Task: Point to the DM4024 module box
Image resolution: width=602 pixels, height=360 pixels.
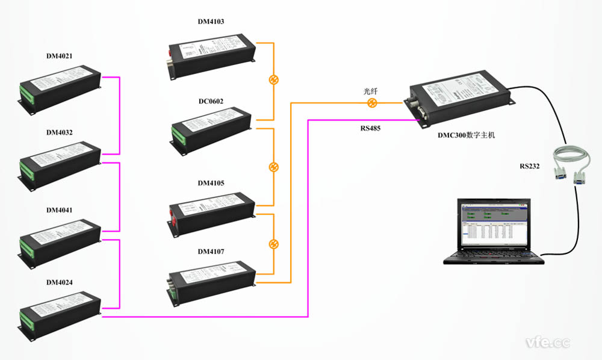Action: (59, 310)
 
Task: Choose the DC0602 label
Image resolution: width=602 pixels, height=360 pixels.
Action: (211, 101)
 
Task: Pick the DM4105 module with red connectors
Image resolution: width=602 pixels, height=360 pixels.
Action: (212, 210)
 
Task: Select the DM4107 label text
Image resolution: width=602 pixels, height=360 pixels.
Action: (211, 251)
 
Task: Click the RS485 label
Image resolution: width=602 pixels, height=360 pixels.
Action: (371, 128)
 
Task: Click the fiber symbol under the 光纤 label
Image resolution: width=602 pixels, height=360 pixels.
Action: (371, 103)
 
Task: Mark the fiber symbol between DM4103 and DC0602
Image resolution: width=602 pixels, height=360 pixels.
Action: (273, 80)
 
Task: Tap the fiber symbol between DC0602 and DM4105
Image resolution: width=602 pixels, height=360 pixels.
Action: (273, 167)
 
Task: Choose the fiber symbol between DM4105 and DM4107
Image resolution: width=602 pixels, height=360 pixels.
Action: (273, 244)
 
